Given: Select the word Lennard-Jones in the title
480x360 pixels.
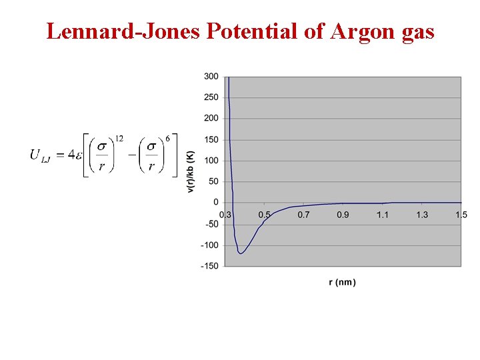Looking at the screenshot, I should click(x=124, y=31).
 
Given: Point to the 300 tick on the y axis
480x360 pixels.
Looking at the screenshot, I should click(x=211, y=77).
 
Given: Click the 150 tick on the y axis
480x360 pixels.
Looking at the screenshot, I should click(x=211, y=139).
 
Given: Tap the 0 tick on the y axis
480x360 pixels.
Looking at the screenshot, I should click(x=215, y=202).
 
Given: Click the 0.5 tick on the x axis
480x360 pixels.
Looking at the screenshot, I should click(x=265, y=215).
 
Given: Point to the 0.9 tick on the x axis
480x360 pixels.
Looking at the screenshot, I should click(x=343, y=215).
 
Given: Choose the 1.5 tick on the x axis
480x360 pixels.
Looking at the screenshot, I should click(x=461, y=215).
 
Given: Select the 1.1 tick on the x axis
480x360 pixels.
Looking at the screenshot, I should click(x=383, y=215).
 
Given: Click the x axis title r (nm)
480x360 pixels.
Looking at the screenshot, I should click(x=343, y=282).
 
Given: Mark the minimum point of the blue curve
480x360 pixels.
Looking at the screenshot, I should click(x=241, y=253).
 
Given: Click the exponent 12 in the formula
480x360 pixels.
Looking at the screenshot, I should click(x=119, y=138).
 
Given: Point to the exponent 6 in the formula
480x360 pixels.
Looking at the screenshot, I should click(x=167, y=138).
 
